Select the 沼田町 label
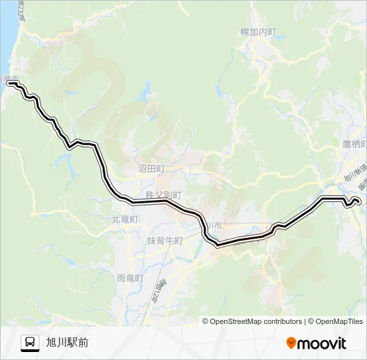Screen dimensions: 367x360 (x=151, y=169)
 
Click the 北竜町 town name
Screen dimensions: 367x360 (x=125, y=219)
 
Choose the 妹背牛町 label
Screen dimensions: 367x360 (x=164, y=241)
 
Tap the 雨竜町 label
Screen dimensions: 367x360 (x=130, y=278)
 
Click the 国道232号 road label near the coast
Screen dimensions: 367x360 (x=21, y=9)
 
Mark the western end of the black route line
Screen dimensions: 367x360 (x=9, y=84)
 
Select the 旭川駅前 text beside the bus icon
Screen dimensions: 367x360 (x=67, y=343)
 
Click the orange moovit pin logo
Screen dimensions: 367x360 (x=291, y=343)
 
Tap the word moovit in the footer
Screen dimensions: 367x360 (x=322, y=343)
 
